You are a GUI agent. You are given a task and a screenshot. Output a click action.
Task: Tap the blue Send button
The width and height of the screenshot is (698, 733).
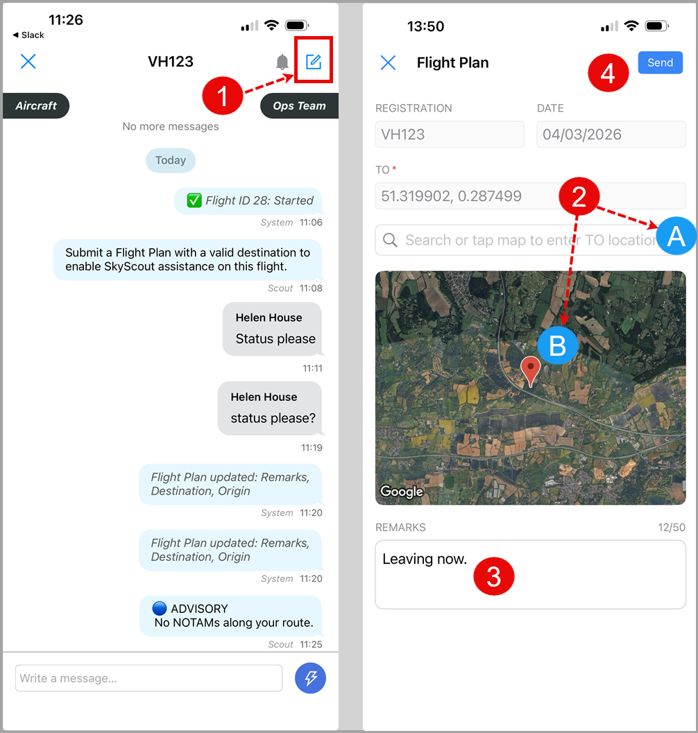click(x=660, y=62)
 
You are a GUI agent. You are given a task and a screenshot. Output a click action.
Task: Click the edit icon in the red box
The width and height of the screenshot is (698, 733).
click(x=314, y=62)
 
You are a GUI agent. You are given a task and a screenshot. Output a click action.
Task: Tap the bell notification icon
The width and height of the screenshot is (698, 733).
click(x=282, y=62)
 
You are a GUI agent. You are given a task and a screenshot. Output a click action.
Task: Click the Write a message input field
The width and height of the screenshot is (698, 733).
click(x=148, y=678)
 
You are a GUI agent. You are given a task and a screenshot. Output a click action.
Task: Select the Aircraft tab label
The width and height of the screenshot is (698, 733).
click(x=36, y=105)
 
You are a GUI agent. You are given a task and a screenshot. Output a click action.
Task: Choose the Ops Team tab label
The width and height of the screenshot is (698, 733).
click(x=300, y=105)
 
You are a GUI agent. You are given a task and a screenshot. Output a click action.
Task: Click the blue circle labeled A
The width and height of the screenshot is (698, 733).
click(x=676, y=236)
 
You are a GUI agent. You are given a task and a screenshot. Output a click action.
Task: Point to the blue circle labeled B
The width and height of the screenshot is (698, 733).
click(x=557, y=345)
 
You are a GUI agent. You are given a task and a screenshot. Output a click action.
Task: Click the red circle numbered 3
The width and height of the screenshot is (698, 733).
click(x=493, y=576)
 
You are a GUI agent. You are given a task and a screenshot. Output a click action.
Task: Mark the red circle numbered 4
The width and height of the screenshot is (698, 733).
click(x=608, y=73)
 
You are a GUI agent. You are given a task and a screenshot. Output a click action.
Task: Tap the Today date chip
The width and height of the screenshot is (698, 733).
click(x=171, y=160)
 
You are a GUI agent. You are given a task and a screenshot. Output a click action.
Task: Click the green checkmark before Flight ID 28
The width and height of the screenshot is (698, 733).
click(x=194, y=200)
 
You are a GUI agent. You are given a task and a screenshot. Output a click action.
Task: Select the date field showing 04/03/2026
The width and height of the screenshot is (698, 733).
click(x=611, y=134)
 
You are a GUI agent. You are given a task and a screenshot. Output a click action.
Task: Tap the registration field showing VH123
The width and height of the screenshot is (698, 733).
click(x=450, y=134)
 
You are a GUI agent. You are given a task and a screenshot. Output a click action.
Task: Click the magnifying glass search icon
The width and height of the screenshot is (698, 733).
click(x=390, y=240)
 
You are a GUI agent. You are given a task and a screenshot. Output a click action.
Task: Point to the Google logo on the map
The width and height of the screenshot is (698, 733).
click(x=402, y=491)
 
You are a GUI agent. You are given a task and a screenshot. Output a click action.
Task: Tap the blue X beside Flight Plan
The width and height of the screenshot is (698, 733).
click(x=388, y=62)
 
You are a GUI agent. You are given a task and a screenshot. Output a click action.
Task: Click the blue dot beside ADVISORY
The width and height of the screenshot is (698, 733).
click(x=160, y=608)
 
